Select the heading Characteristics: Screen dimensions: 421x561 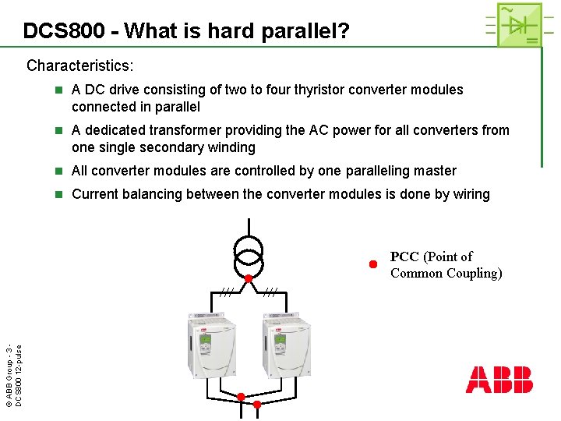(x=79, y=65)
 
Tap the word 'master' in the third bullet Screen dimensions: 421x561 (x=432, y=171)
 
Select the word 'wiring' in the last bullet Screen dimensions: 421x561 (x=469, y=194)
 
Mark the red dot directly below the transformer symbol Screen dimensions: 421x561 (x=249, y=278)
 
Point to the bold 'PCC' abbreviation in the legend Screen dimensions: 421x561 (x=404, y=256)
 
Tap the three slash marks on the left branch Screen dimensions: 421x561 (x=226, y=292)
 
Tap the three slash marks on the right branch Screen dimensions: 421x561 (x=270, y=292)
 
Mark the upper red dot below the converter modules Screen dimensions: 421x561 (x=242, y=397)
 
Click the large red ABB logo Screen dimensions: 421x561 (x=499, y=380)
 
